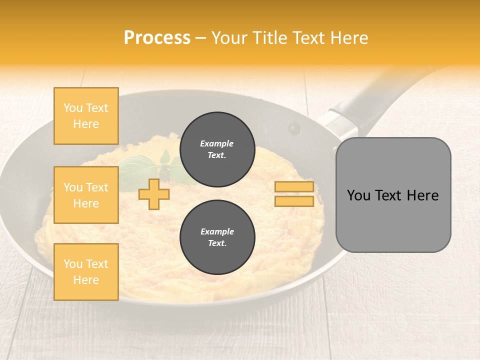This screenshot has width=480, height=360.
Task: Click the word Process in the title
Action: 157,38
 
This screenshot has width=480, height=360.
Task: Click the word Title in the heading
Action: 273,38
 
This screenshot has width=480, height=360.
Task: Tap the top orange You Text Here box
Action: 86,116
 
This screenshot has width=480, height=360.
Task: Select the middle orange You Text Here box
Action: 86,195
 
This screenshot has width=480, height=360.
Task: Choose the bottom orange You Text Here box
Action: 86,272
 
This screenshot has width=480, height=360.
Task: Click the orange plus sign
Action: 154,194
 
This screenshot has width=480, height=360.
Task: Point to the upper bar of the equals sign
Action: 294,187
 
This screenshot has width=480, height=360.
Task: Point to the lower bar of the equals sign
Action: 294,201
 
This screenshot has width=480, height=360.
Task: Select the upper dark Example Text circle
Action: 217,149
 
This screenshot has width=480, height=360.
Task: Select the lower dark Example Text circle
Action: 217,237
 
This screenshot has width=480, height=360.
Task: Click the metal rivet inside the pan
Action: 294,128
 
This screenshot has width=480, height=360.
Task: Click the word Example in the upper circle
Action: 217,143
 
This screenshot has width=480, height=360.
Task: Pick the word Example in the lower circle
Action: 217,231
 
